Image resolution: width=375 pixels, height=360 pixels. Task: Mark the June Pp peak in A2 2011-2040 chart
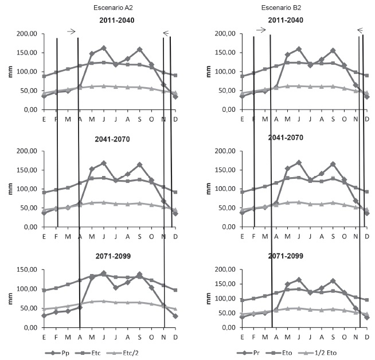[104, 48]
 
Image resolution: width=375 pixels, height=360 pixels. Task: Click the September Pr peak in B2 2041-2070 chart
[333, 164]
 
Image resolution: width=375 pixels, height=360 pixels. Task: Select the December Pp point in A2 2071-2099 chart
[175, 316]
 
